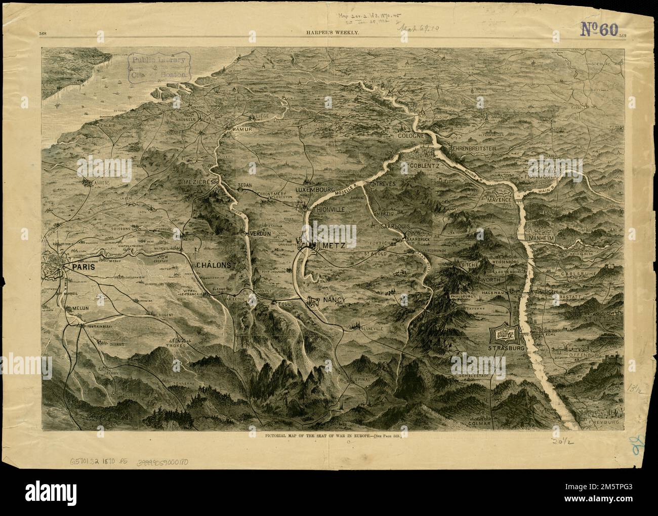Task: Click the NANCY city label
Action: (x=333, y=300)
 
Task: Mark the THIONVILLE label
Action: (x=328, y=209)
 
